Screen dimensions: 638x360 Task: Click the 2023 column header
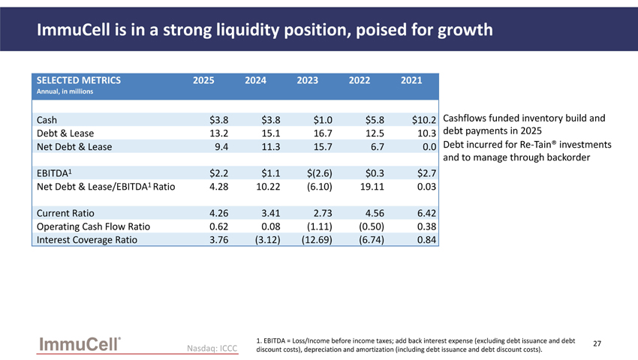(307, 80)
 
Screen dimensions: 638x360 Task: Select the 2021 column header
(411, 80)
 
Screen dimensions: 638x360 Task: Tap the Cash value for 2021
(423, 120)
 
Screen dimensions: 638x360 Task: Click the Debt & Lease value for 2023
(323, 133)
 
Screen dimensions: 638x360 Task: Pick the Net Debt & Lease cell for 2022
(378, 147)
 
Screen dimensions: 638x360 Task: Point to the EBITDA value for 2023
(320, 173)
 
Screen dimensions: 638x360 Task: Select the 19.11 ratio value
(372, 187)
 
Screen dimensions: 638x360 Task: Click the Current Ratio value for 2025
(219, 213)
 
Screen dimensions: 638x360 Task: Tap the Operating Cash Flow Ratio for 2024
(270, 226)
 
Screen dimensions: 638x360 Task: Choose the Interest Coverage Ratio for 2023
(317, 240)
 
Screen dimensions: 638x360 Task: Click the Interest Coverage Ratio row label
(86, 240)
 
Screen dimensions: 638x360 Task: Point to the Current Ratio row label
(65, 213)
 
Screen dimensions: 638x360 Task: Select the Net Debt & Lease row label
(74, 147)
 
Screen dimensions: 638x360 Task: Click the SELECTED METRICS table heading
(79, 80)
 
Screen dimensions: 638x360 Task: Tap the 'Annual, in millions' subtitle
(65, 91)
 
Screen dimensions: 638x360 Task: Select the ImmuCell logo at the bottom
(80, 344)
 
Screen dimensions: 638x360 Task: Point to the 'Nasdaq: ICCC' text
(212, 348)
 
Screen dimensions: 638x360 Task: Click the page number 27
(597, 343)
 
